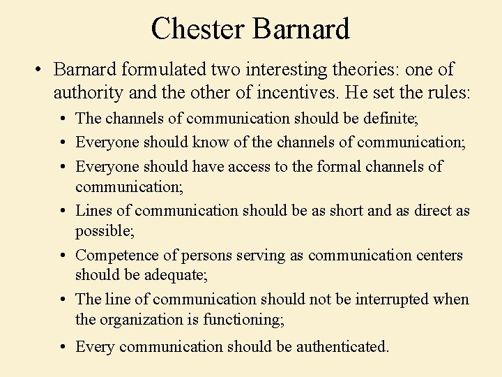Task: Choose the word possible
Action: pos(104,230)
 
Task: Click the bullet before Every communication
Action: pos(63,347)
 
